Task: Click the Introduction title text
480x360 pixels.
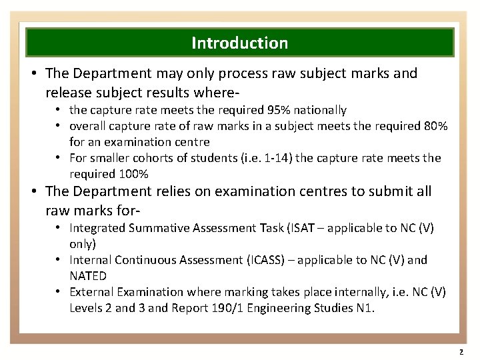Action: click(240, 43)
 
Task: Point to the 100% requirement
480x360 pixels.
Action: click(134, 174)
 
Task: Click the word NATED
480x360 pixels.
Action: click(88, 275)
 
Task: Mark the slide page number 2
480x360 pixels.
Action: click(461, 351)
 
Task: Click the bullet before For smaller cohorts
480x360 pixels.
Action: click(59, 158)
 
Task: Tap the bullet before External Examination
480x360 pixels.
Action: click(59, 291)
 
